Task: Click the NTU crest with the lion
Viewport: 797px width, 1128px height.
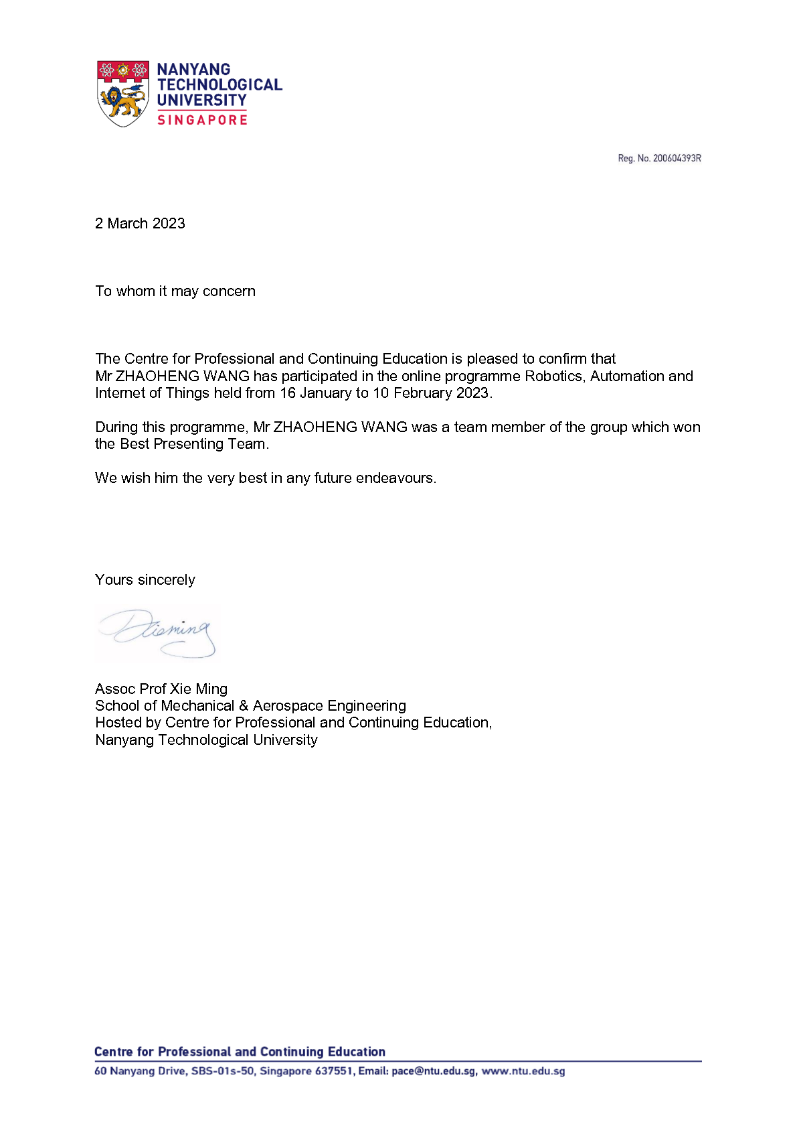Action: (123, 93)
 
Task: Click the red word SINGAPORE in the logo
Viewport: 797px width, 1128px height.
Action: (202, 120)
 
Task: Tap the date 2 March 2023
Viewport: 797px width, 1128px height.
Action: (140, 224)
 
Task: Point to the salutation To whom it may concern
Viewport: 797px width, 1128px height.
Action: (175, 291)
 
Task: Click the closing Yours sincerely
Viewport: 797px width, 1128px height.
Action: (145, 580)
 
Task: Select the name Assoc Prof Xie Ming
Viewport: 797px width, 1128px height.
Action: (161, 689)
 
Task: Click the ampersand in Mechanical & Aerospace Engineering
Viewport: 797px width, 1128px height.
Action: (244, 706)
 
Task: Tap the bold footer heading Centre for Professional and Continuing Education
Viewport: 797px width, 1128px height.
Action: (240, 1052)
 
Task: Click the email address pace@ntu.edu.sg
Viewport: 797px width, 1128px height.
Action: (434, 1071)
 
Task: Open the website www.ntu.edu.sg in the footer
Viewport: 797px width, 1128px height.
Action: (523, 1071)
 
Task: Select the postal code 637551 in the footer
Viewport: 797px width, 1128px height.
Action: (334, 1071)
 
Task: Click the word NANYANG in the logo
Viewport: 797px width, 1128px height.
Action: (193, 70)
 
